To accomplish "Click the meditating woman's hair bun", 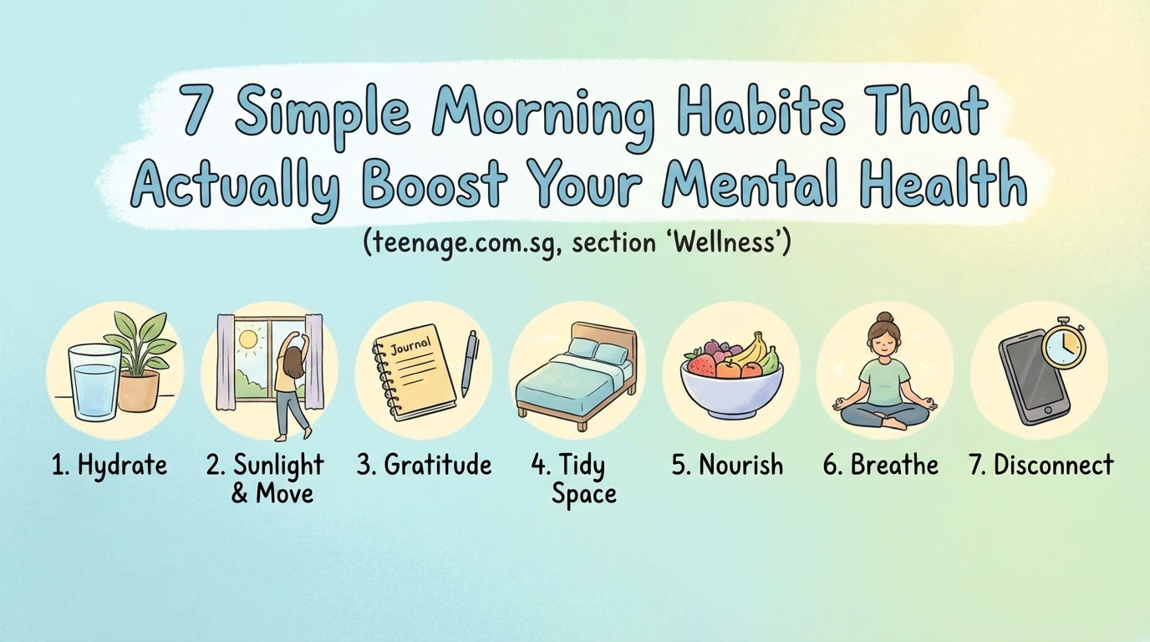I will [884, 318].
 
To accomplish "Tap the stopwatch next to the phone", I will [1064, 344].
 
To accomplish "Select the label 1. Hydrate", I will [109, 465].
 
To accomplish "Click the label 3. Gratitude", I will [424, 465].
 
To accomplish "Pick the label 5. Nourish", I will [727, 465].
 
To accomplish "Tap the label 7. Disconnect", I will [1041, 465].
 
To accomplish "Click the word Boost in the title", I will [435, 186].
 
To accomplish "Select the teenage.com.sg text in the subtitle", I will [459, 245].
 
